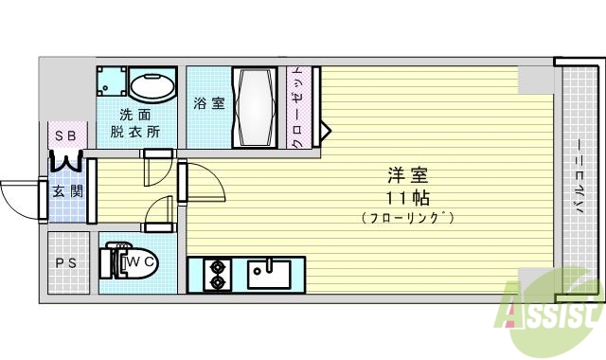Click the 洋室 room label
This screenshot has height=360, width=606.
tap(408, 176)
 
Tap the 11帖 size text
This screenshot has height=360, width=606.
tap(408, 198)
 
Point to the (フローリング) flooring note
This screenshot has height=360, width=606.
tap(408, 218)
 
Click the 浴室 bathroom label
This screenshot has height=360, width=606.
tap(208, 102)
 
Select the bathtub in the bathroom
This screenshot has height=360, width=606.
tap(255, 106)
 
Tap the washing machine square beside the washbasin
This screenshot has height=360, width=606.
tap(111, 83)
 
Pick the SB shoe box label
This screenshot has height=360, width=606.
tap(65, 136)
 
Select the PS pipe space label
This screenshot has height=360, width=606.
tap(66, 264)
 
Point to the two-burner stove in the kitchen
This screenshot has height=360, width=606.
tap(218, 273)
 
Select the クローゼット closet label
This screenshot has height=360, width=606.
tap(296, 106)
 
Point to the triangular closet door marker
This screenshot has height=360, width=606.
tap(324, 130)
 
